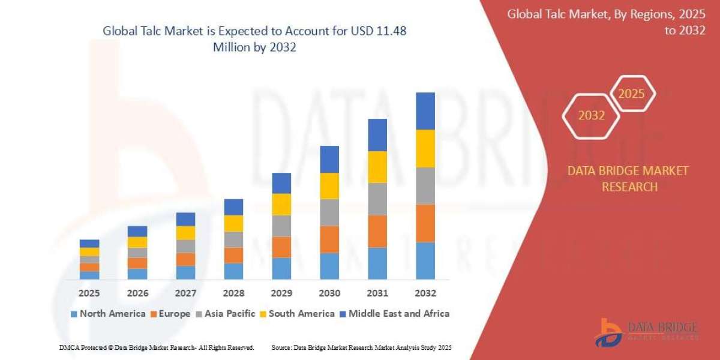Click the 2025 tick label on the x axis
click(89, 293)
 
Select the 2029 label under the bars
click(281, 293)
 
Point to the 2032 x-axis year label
click(425, 293)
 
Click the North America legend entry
click(108, 313)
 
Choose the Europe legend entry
click(170, 313)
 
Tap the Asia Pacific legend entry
click(225, 313)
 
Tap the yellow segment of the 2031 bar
click(377, 167)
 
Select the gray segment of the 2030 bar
click(329, 212)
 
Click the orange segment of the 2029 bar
click(281, 247)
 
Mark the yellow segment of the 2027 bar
click(185, 233)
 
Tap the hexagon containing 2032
click(592, 116)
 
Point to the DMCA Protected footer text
click(157, 347)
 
